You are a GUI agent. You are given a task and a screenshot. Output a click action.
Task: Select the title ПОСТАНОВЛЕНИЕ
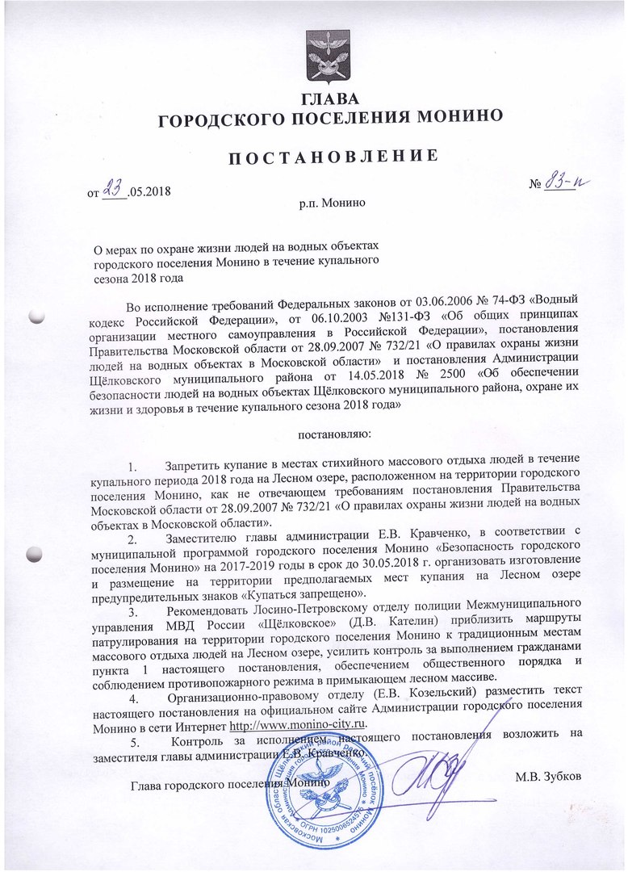point(331,155)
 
